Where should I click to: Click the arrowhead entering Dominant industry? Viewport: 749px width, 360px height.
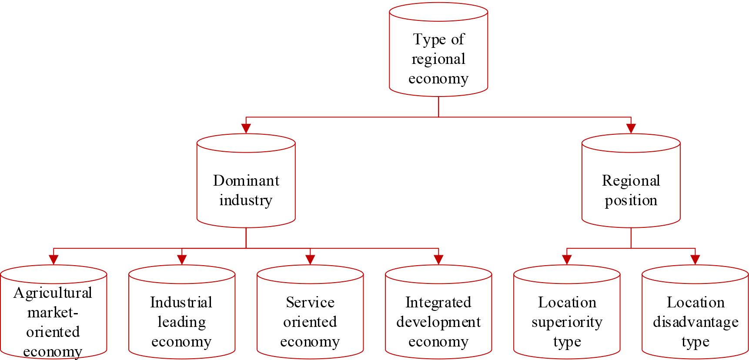pos(246,128)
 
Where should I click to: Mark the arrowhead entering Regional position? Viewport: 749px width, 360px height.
pos(631,128)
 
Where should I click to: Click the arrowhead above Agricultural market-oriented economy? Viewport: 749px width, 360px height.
pos(53,260)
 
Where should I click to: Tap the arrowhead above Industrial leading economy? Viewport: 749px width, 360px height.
pos(182,260)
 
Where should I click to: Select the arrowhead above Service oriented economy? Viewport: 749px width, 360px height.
pos(310,260)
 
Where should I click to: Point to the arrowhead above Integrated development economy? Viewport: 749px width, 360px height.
pos(438,260)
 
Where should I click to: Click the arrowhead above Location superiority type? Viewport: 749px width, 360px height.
pos(567,260)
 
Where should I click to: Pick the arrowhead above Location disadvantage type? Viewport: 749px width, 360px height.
pos(695,260)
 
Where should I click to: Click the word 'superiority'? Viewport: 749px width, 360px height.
pos(567,323)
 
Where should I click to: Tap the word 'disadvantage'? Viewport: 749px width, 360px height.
pos(695,323)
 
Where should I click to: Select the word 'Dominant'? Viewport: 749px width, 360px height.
pos(246,180)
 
